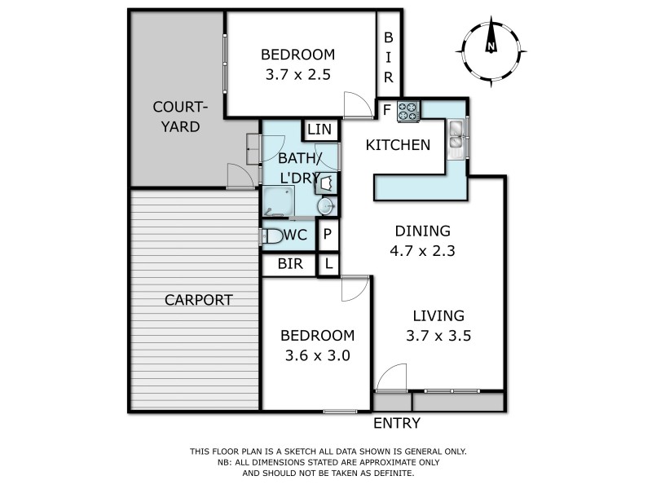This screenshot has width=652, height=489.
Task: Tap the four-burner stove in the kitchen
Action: [x=408, y=111]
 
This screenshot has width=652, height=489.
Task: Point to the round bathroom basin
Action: [x=326, y=207]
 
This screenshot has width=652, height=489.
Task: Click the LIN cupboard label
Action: [x=320, y=130]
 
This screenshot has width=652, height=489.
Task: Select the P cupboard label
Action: [x=328, y=236]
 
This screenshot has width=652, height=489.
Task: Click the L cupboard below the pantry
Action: [x=328, y=264]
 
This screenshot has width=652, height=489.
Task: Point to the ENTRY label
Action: [x=397, y=423]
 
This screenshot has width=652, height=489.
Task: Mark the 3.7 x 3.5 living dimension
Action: [x=438, y=335]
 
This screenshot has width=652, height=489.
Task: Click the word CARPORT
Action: [x=199, y=299]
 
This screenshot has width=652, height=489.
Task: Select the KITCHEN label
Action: [x=398, y=146]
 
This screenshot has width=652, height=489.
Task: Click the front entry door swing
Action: [x=391, y=377]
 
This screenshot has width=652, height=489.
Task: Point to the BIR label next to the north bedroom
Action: [x=389, y=57]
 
